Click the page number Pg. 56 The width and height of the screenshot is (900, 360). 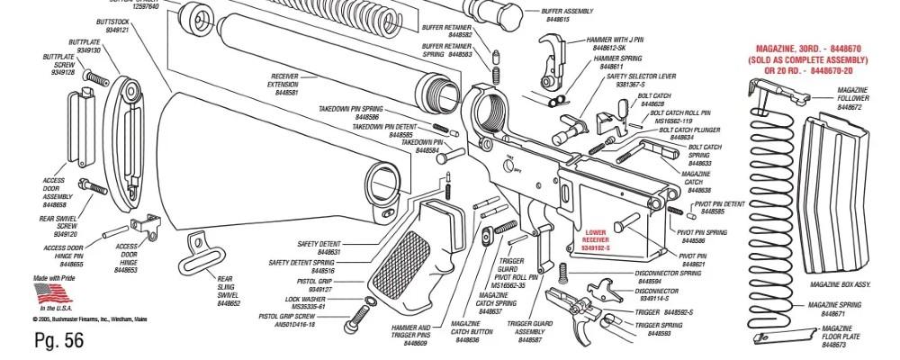[58, 339]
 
